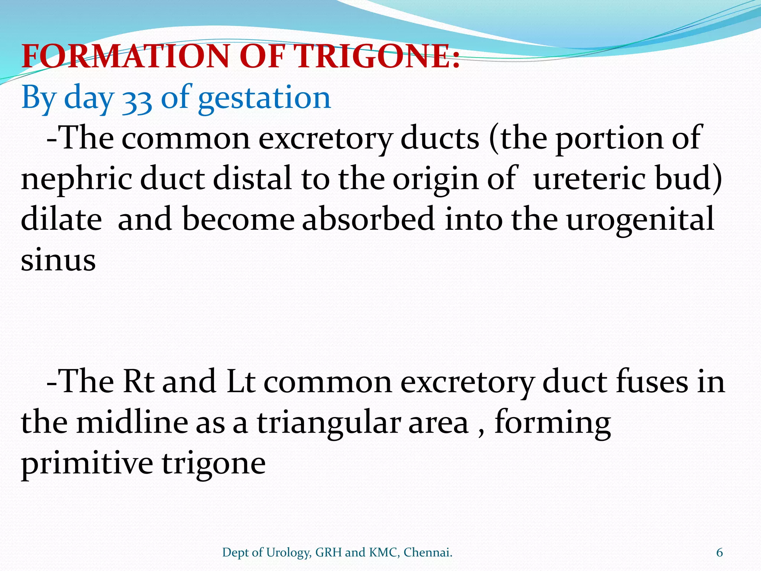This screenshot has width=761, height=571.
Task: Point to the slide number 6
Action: [719, 552]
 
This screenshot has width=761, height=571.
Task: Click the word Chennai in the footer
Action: [428, 552]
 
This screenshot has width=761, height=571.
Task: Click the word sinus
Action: [58, 260]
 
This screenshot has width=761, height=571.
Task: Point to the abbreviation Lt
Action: [241, 381]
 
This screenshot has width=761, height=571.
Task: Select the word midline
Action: [132, 422]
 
